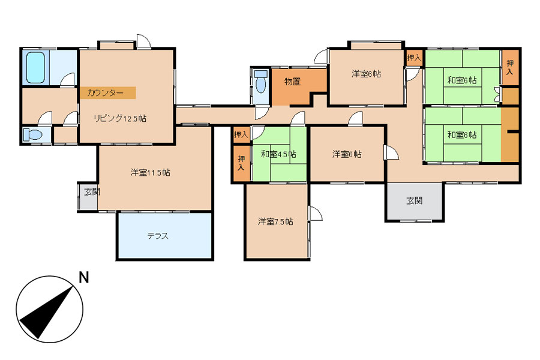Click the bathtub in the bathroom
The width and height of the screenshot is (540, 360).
(x=36, y=68)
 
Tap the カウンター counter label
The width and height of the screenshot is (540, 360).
(x=105, y=92)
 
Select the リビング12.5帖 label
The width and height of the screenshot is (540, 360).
(x=120, y=119)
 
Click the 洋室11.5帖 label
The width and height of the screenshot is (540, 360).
(x=150, y=172)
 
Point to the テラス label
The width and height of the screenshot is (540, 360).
(x=158, y=236)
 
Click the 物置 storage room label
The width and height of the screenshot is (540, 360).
(x=292, y=82)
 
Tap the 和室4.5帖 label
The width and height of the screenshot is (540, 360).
(x=278, y=154)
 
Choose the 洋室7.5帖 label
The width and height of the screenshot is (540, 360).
(x=275, y=221)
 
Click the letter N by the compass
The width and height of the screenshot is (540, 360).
(x=83, y=277)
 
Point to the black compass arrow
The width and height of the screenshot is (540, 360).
(x=47, y=311)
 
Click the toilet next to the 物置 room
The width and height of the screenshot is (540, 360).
(x=261, y=83)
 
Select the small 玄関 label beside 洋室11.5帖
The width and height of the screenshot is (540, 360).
(x=92, y=192)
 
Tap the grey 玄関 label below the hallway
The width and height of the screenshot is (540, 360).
(x=414, y=200)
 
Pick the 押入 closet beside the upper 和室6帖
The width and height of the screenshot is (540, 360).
(x=510, y=68)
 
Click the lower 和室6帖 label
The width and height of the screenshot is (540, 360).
(x=462, y=134)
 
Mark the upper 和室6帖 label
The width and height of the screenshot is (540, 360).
(x=462, y=80)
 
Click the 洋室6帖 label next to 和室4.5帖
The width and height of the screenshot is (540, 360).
(x=347, y=154)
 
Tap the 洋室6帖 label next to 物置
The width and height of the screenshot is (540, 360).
(x=366, y=74)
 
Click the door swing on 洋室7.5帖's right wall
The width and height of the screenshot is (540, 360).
(x=316, y=214)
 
